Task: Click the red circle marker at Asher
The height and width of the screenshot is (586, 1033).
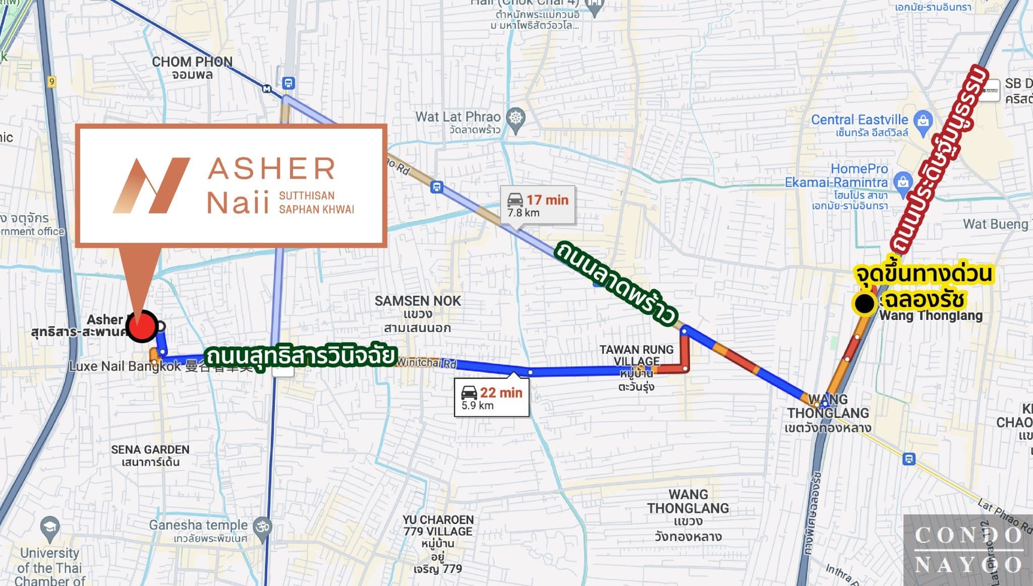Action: (x=142, y=326)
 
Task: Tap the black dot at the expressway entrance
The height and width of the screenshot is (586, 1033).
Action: (x=865, y=304)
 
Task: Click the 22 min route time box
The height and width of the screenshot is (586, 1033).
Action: (x=491, y=398)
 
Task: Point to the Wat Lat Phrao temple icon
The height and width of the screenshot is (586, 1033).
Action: (x=515, y=118)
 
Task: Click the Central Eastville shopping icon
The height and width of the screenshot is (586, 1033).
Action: (x=924, y=121)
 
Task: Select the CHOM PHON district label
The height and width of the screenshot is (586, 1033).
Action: (x=192, y=68)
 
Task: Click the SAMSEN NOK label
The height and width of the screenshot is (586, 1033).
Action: (x=418, y=313)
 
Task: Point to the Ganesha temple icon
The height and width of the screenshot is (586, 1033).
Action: (x=262, y=526)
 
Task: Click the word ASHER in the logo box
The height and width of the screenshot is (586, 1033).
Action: (x=271, y=169)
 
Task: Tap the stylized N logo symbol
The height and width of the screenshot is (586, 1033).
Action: (x=151, y=185)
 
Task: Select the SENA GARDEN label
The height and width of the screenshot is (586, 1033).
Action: (x=150, y=455)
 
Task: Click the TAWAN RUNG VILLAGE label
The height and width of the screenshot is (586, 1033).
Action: (x=637, y=355)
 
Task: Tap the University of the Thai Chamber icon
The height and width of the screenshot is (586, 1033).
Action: (x=49, y=526)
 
